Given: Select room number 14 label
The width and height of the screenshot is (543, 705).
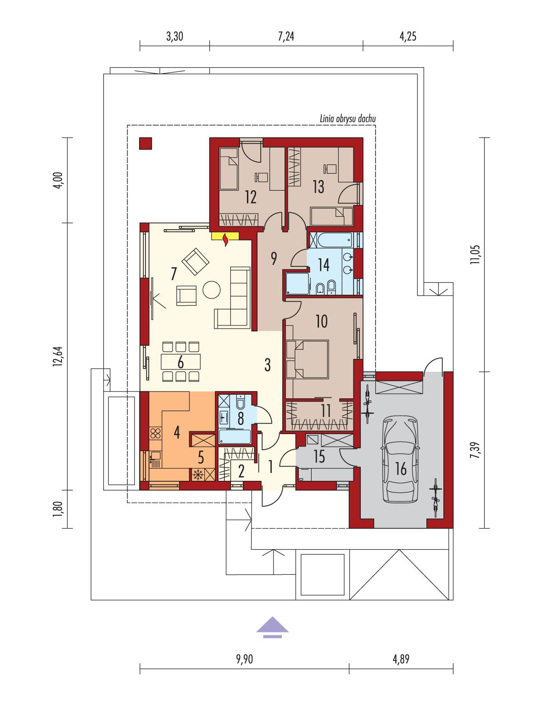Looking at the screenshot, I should pos(324,265).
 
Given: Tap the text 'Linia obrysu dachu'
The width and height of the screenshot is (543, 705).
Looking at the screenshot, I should pos(348,119).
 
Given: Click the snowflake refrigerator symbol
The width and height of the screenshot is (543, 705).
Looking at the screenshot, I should pos(198,474).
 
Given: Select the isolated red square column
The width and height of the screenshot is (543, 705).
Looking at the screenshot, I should pos(146,143).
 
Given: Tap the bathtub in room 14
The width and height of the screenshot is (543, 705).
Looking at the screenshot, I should pos(330,239).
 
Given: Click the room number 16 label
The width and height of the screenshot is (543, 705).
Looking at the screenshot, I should pos(401,468).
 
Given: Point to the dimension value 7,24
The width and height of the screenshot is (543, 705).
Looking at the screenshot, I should pos(285,37).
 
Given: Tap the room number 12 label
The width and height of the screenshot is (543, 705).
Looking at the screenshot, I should pos(251,197).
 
